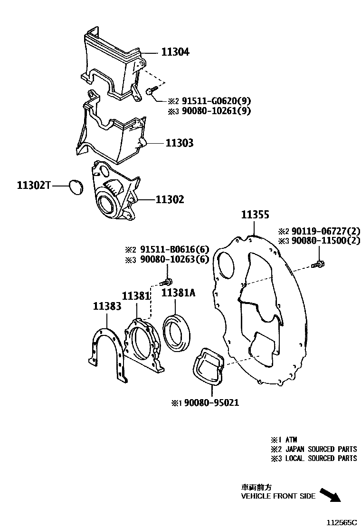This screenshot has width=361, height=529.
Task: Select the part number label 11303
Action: (x=179, y=143)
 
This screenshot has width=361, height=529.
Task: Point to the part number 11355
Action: (x=255, y=215)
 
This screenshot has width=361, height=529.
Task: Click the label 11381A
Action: (x=178, y=293)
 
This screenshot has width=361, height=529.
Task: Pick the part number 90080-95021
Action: (x=211, y=402)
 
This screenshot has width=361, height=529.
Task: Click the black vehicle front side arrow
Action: (x=331, y=495)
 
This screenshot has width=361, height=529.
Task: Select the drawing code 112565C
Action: (x=341, y=522)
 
